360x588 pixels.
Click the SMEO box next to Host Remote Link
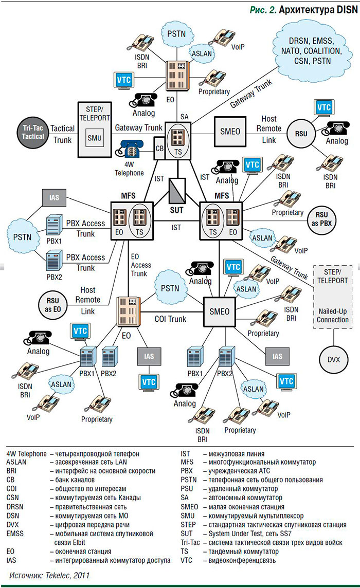(230, 132)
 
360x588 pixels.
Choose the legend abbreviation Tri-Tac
(189, 542)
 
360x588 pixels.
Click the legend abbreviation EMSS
(15, 534)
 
